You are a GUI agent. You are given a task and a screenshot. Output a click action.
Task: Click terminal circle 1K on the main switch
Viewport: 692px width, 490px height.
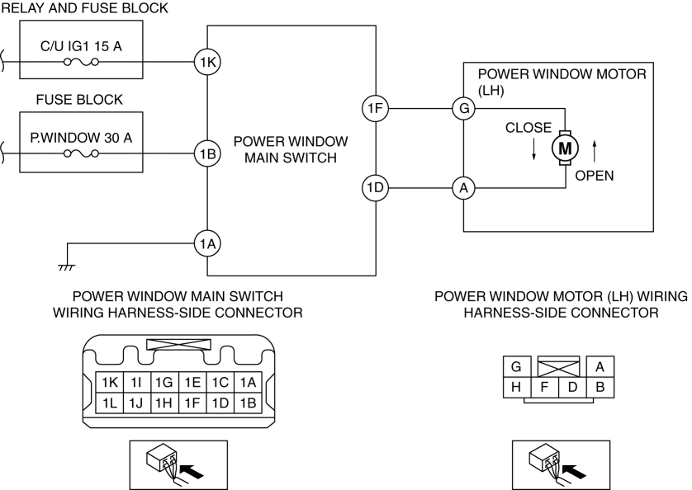pyautogui.click(x=207, y=62)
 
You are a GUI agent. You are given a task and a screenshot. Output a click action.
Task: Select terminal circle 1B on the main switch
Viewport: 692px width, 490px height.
pyautogui.click(x=207, y=153)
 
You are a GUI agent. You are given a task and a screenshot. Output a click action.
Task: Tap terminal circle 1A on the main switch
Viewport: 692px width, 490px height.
pyautogui.click(x=207, y=243)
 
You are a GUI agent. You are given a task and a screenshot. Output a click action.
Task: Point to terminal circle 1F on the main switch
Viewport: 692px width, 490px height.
pyautogui.click(x=375, y=108)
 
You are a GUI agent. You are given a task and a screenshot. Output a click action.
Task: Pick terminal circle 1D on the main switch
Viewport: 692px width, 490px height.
pyautogui.click(x=375, y=188)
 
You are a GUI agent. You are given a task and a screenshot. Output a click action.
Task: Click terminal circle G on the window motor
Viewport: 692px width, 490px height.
pyautogui.click(x=464, y=108)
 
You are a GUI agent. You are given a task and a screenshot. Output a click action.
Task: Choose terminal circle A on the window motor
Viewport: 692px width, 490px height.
pyautogui.click(x=464, y=188)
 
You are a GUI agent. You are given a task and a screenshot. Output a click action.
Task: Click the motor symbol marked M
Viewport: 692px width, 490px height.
pyautogui.click(x=565, y=148)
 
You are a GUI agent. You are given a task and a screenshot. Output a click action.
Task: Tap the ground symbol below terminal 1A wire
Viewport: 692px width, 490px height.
pyautogui.click(x=67, y=267)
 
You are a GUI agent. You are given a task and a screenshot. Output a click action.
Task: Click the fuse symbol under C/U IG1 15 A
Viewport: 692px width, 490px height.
pyautogui.click(x=81, y=62)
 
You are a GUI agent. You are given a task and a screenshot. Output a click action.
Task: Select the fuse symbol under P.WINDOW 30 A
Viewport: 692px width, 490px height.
pyautogui.click(x=81, y=153)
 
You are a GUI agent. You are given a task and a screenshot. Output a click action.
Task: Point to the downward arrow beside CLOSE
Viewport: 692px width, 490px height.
pyautogui.click(x=533, y=149)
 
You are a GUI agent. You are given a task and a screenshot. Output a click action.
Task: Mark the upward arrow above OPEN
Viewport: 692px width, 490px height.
pyautogui.click(x=594, y=151)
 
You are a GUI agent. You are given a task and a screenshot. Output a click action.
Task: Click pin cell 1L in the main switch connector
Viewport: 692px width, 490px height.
pyautogui.click(x=110, y=403)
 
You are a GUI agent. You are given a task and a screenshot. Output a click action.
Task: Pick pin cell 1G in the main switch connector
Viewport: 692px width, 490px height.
pyautogui.click(x=164, y=383)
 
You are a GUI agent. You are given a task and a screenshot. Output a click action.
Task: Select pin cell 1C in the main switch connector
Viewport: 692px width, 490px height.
pyautogui.click(x=220, y=383)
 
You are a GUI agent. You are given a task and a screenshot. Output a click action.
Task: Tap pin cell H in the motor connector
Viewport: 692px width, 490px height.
pyautogui.click(x=516, y=387)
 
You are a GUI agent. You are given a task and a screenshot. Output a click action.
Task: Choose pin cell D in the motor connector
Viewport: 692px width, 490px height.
pyautogui.click(x=572, y=387)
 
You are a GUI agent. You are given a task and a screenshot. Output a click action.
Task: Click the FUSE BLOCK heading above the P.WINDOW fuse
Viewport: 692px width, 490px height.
pyautogui.click(x=79, y=100)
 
